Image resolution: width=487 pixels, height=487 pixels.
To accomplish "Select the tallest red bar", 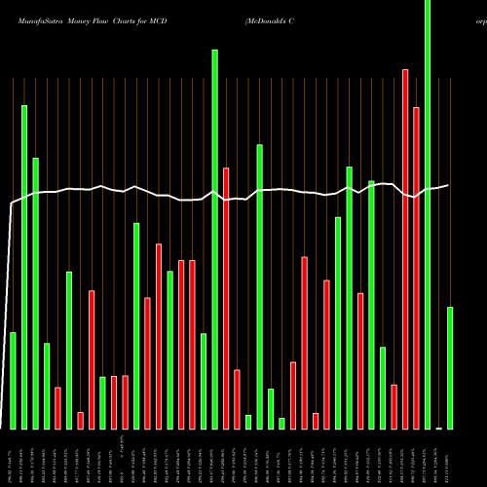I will pos(405,248).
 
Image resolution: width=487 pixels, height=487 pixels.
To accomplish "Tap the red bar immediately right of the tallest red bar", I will pos(416,268).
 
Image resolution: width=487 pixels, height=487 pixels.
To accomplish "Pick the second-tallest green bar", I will pos(214,239).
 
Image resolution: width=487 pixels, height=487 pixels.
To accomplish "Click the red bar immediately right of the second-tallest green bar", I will pos(226,297).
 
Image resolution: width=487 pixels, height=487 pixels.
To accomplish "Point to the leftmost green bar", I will pos(13,380).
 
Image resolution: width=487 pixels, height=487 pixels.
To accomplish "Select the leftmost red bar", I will pos(57,407).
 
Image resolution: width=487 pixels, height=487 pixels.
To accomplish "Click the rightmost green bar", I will pos(449,367).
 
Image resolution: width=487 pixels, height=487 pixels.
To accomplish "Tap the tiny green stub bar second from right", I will pos(438,428).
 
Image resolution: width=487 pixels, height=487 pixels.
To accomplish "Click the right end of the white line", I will pos(449,185).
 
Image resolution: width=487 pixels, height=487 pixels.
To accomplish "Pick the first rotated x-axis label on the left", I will pos(13,458).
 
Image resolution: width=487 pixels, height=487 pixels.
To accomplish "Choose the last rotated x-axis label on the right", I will pos(449,458).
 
